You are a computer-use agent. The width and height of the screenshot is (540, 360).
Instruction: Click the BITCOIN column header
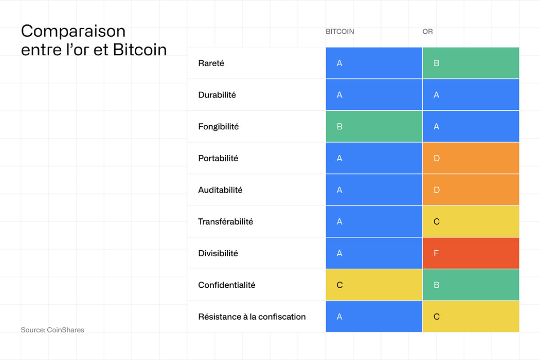pos(340,31)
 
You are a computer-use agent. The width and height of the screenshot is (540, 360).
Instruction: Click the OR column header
pos(427,31)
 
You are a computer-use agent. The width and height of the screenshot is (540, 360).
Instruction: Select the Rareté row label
pos(211,63)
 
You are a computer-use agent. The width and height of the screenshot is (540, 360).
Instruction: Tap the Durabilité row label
pos(217,95)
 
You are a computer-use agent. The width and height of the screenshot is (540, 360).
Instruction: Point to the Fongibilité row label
pos(218,127)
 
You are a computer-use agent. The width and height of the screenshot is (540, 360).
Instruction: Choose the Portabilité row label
pos(218,158)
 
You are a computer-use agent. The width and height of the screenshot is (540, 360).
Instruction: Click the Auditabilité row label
pos(220,190)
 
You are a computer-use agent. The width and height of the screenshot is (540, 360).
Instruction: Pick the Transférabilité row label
pos(225,222)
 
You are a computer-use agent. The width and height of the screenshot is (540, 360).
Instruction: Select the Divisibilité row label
pos(218,253)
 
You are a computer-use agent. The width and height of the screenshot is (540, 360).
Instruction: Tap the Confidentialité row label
pos(226,285)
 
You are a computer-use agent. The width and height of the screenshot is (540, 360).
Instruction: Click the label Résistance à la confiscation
pos(252,317)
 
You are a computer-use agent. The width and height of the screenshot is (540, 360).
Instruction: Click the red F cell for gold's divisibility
pos(471,253)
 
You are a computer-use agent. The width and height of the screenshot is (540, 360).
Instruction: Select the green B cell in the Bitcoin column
pos(374,127)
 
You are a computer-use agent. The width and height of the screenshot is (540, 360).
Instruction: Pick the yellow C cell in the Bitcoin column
pos(374,285)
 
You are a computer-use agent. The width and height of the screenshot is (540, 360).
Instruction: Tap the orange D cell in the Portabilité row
pos(471,158)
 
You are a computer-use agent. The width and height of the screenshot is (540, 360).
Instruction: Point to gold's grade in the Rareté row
pos(471,63)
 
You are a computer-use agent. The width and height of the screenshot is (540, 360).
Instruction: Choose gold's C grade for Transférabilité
pos(471,222)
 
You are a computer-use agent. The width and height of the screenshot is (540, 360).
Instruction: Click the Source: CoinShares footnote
pos(52,330)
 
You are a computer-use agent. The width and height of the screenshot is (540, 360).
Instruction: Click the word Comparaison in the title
pos(73,31)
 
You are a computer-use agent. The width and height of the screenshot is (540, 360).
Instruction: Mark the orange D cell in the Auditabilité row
pos(471,190)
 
